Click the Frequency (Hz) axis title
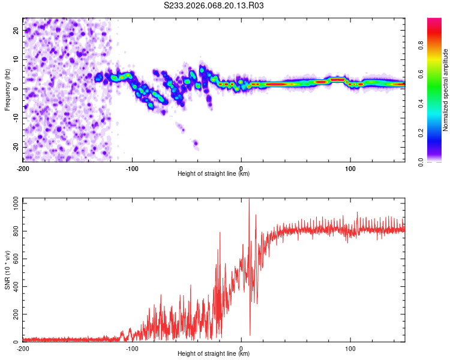pos(7,89)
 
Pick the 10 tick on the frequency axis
pos(16,59)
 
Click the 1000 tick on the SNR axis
pos(12,203)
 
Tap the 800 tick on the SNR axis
pos(14,231)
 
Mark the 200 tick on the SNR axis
pos(14,314)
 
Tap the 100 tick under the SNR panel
pos(350,349)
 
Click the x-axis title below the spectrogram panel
pos(214,174)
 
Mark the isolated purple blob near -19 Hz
pos(196,143)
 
